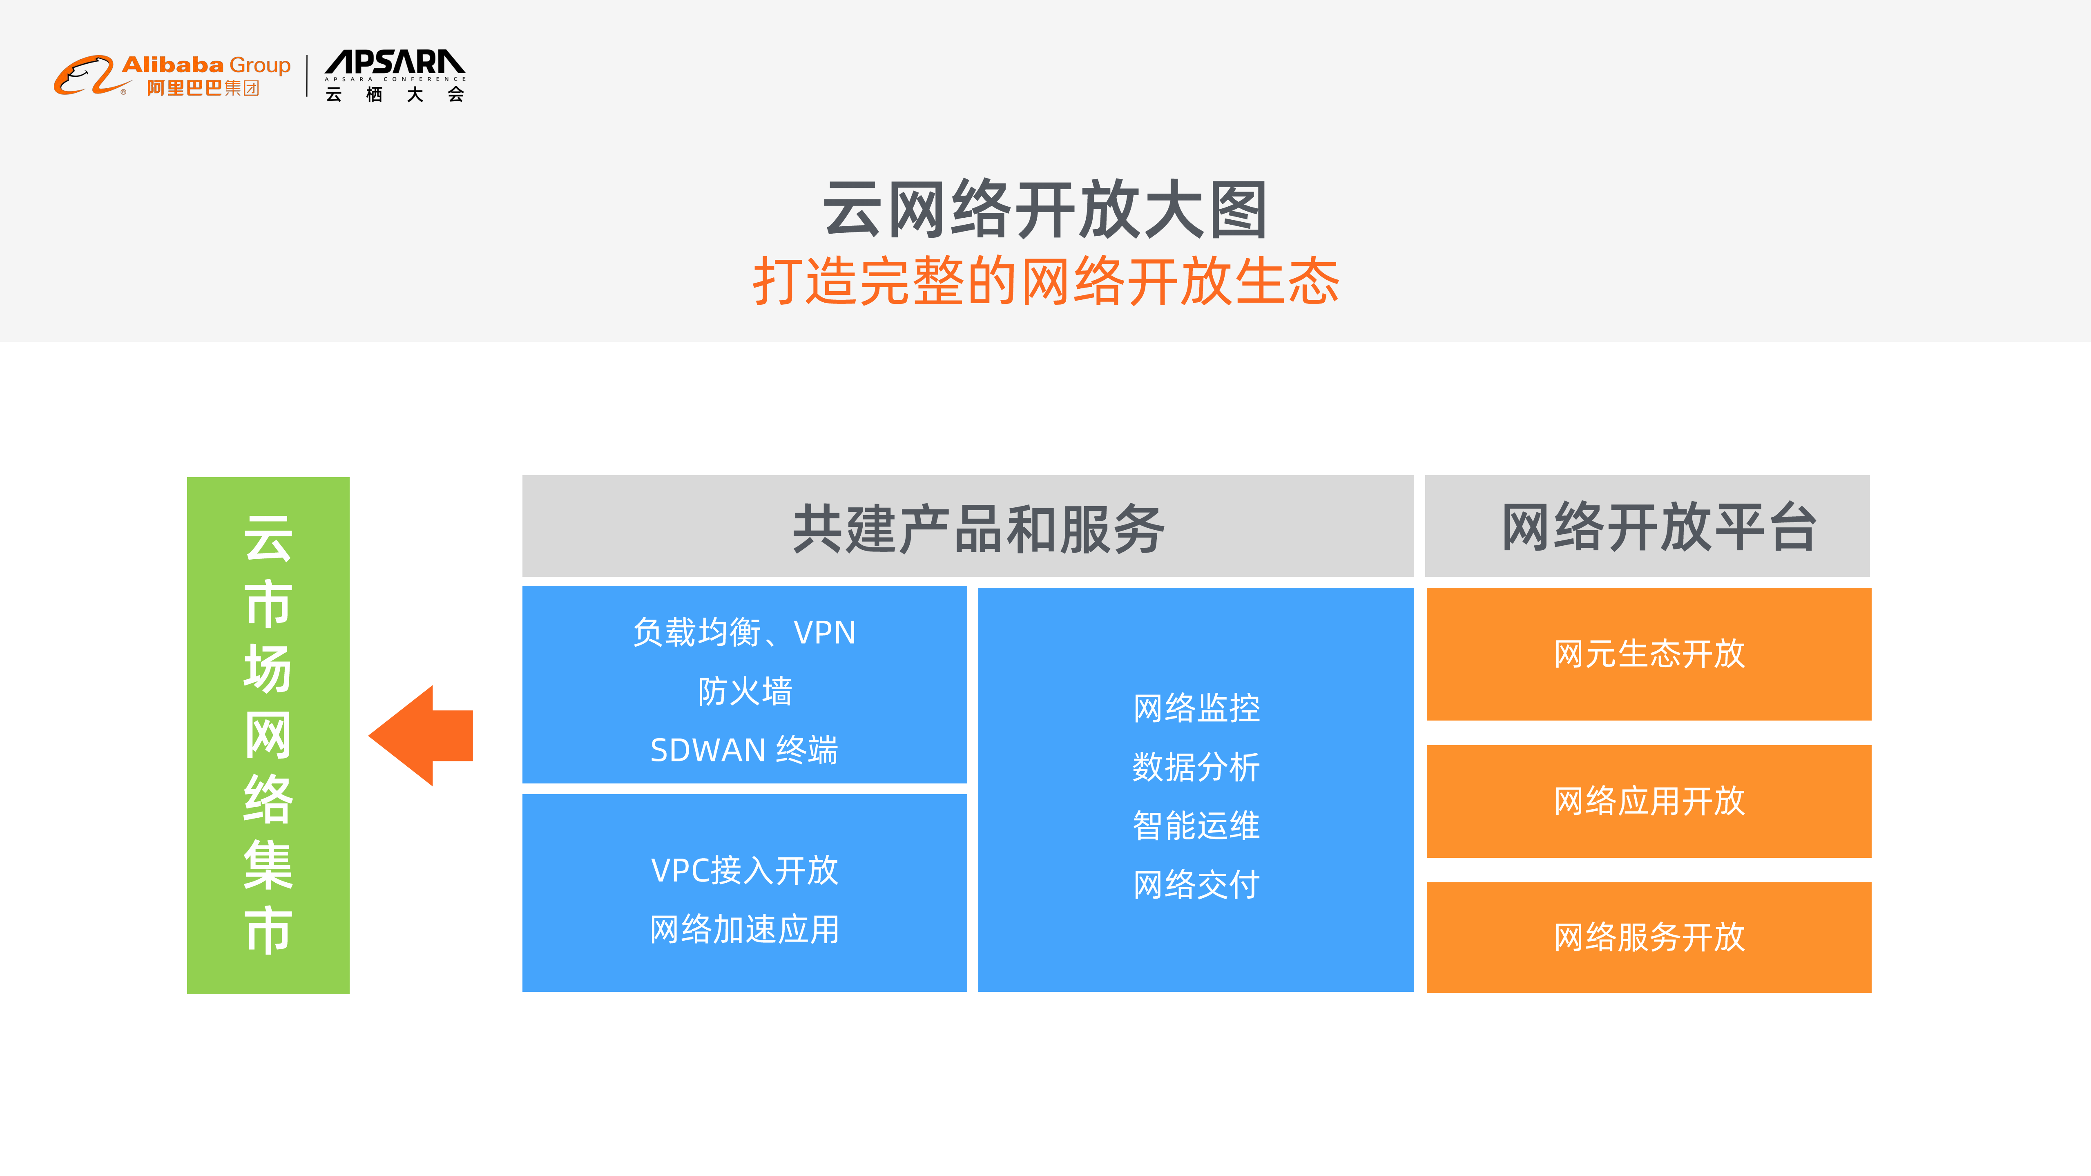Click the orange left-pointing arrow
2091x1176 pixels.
(422, 735)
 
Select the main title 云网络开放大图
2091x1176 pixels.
(1046, 210)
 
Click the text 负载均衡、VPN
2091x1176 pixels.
(744, 632)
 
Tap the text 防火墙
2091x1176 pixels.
(744, 692)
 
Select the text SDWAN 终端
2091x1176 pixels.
(744, 750)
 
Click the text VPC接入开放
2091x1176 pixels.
(744, 870)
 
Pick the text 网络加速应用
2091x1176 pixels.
(744, 929)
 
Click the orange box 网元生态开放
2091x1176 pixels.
(1649, 654)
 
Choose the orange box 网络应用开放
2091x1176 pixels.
(1649, 801)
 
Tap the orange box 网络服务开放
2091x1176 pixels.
(1649, 937)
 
